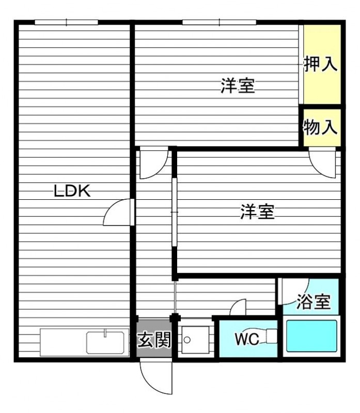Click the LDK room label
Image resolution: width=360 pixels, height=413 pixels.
[x=72, y=190]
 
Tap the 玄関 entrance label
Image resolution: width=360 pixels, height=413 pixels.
[x=154, y=339]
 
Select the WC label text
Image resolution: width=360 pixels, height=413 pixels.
[x=247, y=339]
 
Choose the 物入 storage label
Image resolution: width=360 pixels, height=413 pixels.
[x=320, y=127]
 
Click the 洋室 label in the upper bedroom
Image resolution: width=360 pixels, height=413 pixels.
[x=238, y=86]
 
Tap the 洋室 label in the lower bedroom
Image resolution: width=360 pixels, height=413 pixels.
[x=258, y=212]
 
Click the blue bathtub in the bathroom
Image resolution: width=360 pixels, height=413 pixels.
[x=311, y=336]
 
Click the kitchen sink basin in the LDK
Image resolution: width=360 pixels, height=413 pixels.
[x=105, y=343]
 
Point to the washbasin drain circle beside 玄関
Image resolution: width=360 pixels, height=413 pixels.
[x=187, y=340]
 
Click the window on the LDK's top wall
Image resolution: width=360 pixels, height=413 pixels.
[x=67, y=22]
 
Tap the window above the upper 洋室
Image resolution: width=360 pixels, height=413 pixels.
[x=220, y=22]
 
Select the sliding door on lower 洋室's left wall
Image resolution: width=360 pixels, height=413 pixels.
[x=175, y=212]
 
